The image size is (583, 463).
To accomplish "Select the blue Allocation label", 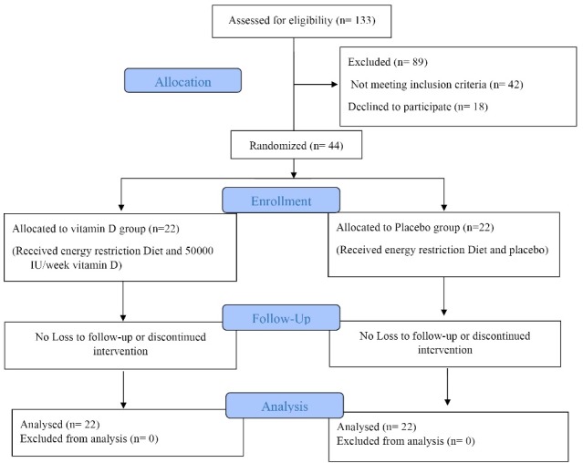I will (184, 81).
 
